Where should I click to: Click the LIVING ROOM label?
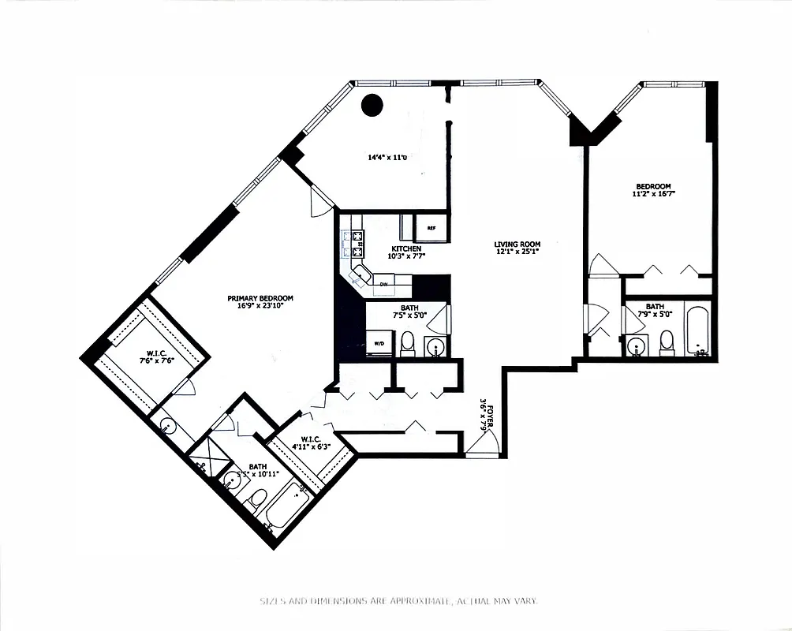(x=517, y=245)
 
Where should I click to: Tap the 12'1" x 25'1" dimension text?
(x=517, y=253)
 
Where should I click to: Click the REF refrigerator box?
(x=431, y=228)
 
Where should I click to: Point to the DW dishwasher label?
(x=383, y=283)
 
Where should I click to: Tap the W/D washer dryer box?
(x=379, y=344)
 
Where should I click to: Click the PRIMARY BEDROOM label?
(x=260, y=298)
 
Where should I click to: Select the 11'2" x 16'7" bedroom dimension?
(x=654, y=194)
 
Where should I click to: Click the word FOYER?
(x=491, y=416)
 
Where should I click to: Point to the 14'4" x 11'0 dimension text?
(x=387, y=158)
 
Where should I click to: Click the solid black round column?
(x=371, y=104)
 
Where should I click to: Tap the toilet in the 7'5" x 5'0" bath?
(x=408, y=342)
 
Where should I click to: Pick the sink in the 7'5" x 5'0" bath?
(x=434, y=345)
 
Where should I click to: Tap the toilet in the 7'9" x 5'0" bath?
(x=667, y=342)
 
